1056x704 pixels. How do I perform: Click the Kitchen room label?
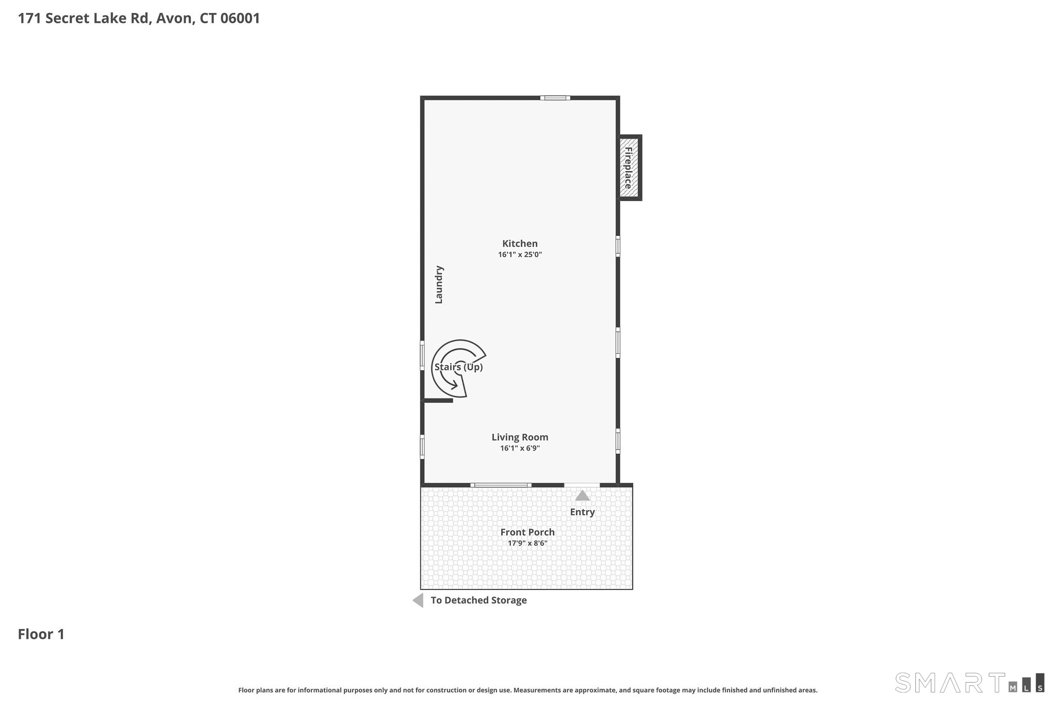tap(520, 243)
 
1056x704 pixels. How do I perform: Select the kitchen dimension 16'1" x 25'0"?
tap(520, 255)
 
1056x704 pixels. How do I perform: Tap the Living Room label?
tap(520, 437)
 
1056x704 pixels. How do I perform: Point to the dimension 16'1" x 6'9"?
tap(520, 448)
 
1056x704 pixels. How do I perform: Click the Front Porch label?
tap(527, 532)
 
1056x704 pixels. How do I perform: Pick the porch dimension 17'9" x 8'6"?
tap(527, 543)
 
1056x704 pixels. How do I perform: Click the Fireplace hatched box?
tap(629, 168)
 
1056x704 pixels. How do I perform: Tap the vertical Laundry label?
tap(439, 285)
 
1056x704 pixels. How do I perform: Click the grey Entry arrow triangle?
tap(582, 496)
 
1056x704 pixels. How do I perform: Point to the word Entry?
tap(582, 512)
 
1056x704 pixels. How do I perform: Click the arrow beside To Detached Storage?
tap(418, 600)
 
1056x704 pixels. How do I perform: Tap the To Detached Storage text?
tap(478, 600)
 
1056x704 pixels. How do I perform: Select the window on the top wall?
tap(555, 98)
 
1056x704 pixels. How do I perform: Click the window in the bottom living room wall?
tap(501, 485)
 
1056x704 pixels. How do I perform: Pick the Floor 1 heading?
tap(41, 634)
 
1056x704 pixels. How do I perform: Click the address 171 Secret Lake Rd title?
tap(139, 19)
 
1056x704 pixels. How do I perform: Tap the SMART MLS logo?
tap(969, 682)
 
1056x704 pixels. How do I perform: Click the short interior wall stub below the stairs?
tap(438, 400)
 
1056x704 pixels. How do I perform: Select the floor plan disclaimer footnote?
tap(527, 690)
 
